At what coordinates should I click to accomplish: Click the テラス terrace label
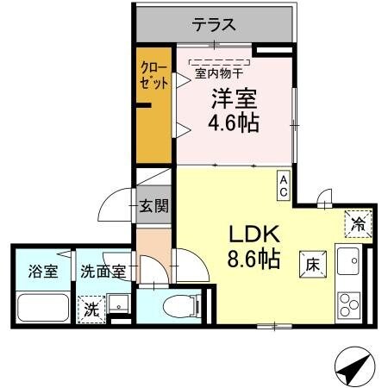click(x=214, y=24)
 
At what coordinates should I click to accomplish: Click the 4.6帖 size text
click(x=233, y=122)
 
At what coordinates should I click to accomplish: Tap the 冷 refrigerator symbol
click(x=358, y=223)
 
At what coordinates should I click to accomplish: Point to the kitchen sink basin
click(x=350, y=259)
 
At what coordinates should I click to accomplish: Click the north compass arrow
click(x=354, y=368)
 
